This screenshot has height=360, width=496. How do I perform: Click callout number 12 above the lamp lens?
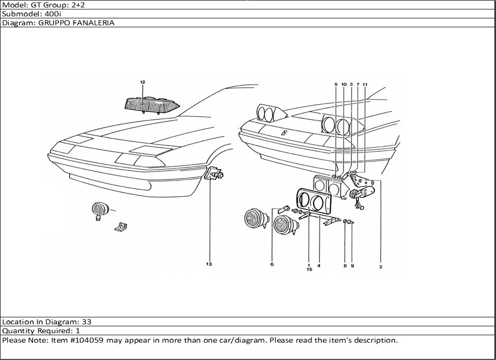coord(142,81)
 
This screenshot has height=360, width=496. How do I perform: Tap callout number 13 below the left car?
coord(209,264)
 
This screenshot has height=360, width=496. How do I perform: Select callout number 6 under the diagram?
coord(272,265)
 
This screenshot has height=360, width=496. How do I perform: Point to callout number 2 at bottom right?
coord(380,267)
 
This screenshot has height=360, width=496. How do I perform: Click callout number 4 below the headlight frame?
coord(319,266)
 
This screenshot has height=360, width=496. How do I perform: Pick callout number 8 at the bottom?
coord(345,266)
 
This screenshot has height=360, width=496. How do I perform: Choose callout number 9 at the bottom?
coord(352,266)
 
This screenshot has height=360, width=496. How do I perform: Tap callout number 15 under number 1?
coord(309,270)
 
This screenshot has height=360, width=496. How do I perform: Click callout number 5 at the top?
coord(336,85)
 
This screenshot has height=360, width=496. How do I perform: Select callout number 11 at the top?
coord(365,85)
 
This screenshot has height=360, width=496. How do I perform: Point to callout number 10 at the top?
coord(344,85)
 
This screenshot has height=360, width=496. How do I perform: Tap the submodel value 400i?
coord(52,14)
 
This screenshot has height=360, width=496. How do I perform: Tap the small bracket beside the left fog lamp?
coord(121,227)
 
